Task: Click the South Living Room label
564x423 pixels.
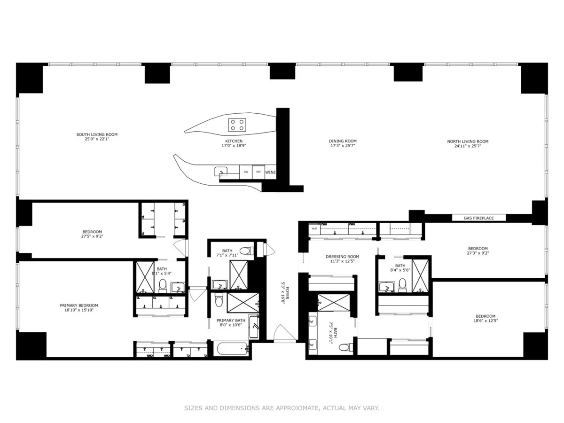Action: click(x=97, y=134)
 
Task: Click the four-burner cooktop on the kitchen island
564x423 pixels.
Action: click(x=237, y=125)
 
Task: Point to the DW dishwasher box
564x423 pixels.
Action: click(x=245, y=172)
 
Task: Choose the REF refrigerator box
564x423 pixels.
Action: click(x=258, y=172)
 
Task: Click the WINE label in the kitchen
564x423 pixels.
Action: click(x=270, y=173)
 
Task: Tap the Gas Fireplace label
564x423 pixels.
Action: click(x=478, y=218)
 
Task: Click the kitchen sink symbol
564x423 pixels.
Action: click(x=221, y=172)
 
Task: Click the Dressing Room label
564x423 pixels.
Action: click(x=342, y=257)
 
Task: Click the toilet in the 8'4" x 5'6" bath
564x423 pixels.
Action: click(x=402, y=284)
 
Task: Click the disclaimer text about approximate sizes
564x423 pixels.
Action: click(x=282, y=408)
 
